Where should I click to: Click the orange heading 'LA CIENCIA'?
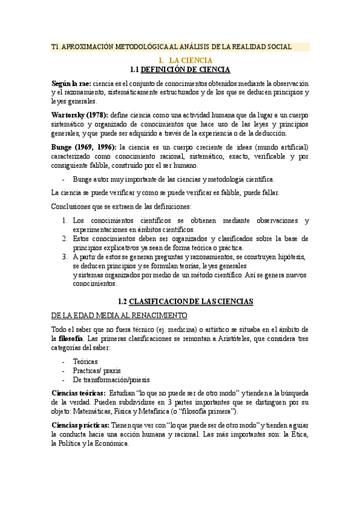(191, 61)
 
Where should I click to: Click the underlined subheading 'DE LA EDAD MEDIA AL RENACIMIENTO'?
(120, 315)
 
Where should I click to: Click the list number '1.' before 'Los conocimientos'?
(65, 221)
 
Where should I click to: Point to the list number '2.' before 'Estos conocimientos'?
(65, 239)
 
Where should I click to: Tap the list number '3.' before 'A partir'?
(65, 257)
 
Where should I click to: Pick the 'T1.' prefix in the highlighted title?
(56, 47)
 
